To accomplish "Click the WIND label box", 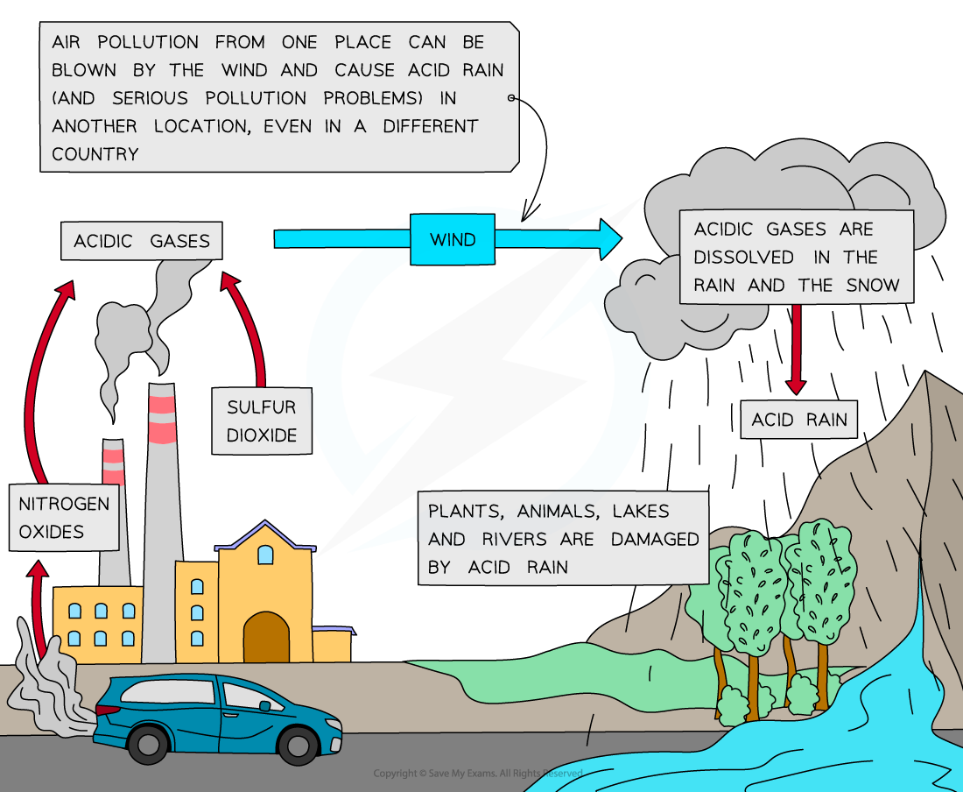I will (x=453, y=239).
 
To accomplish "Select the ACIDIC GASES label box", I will (x=142, y=241).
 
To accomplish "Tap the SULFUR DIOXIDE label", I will (x=262, y=421).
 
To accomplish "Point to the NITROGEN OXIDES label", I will (x=64, y=517).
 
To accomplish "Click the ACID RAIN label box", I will (x=799, y=420).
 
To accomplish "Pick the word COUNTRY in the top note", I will (x=95, y=154).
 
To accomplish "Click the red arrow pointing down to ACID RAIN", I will (x=795, y=350).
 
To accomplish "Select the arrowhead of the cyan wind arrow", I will (x=608, y=239).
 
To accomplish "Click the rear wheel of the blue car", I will (x=151, y=744).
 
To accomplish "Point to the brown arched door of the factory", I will (x=266, y=637).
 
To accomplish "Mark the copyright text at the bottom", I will (x=477, y=774).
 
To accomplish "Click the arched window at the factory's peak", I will (x=265, y=554).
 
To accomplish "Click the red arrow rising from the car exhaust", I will (x=38, y=609).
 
